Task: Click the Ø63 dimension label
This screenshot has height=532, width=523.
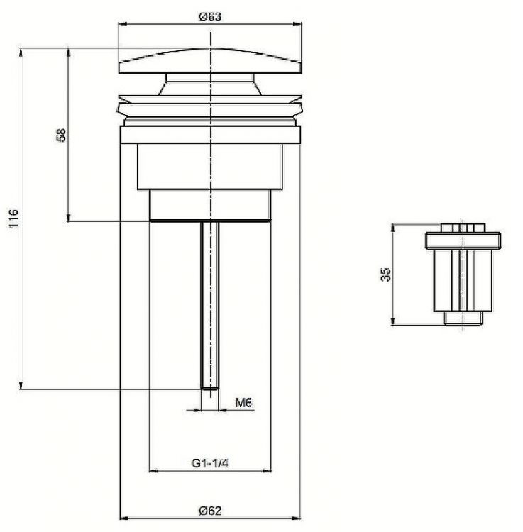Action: pos(210,16)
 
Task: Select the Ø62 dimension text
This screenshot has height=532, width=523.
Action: pos(211,510)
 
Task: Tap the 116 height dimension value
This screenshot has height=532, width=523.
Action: pos(13,218)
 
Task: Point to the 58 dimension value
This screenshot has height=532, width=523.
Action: pos(61,135)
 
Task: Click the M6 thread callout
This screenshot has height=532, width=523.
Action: pos(243,403)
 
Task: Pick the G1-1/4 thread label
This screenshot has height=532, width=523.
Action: pos(210,463)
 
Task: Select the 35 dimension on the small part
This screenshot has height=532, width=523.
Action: pos(386,274)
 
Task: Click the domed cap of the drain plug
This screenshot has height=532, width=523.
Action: pos(210,61)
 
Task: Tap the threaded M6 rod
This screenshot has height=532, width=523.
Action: pos(210,305)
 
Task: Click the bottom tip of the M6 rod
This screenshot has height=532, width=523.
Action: pos(210,389)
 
